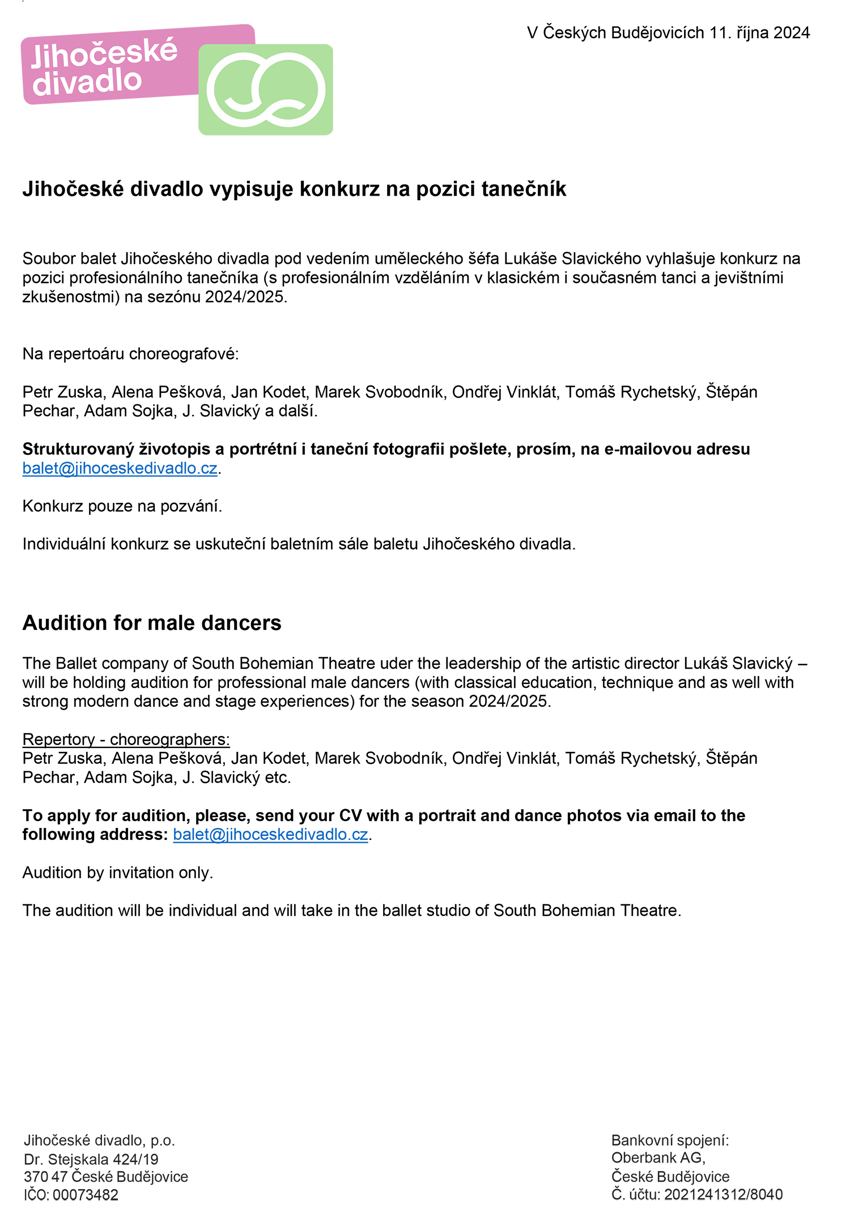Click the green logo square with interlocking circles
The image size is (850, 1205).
point(265,90)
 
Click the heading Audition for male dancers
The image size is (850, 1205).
point(152,623)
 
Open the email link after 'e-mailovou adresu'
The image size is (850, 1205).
point(120,468)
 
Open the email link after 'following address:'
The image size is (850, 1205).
point(270,835)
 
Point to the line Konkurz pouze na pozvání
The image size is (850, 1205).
point(122,506)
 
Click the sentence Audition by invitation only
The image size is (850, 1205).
point(118,873)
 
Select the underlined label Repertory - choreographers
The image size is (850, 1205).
point(126,739)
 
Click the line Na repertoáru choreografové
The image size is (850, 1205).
point(131,354)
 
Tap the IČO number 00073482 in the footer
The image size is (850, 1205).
point(86,1195)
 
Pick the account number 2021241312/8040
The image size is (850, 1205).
point(723,1195)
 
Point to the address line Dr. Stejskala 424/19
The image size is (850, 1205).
point(91,1159)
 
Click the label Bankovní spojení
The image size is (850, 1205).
point(670,1140)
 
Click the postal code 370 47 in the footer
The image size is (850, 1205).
point(45,1177)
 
